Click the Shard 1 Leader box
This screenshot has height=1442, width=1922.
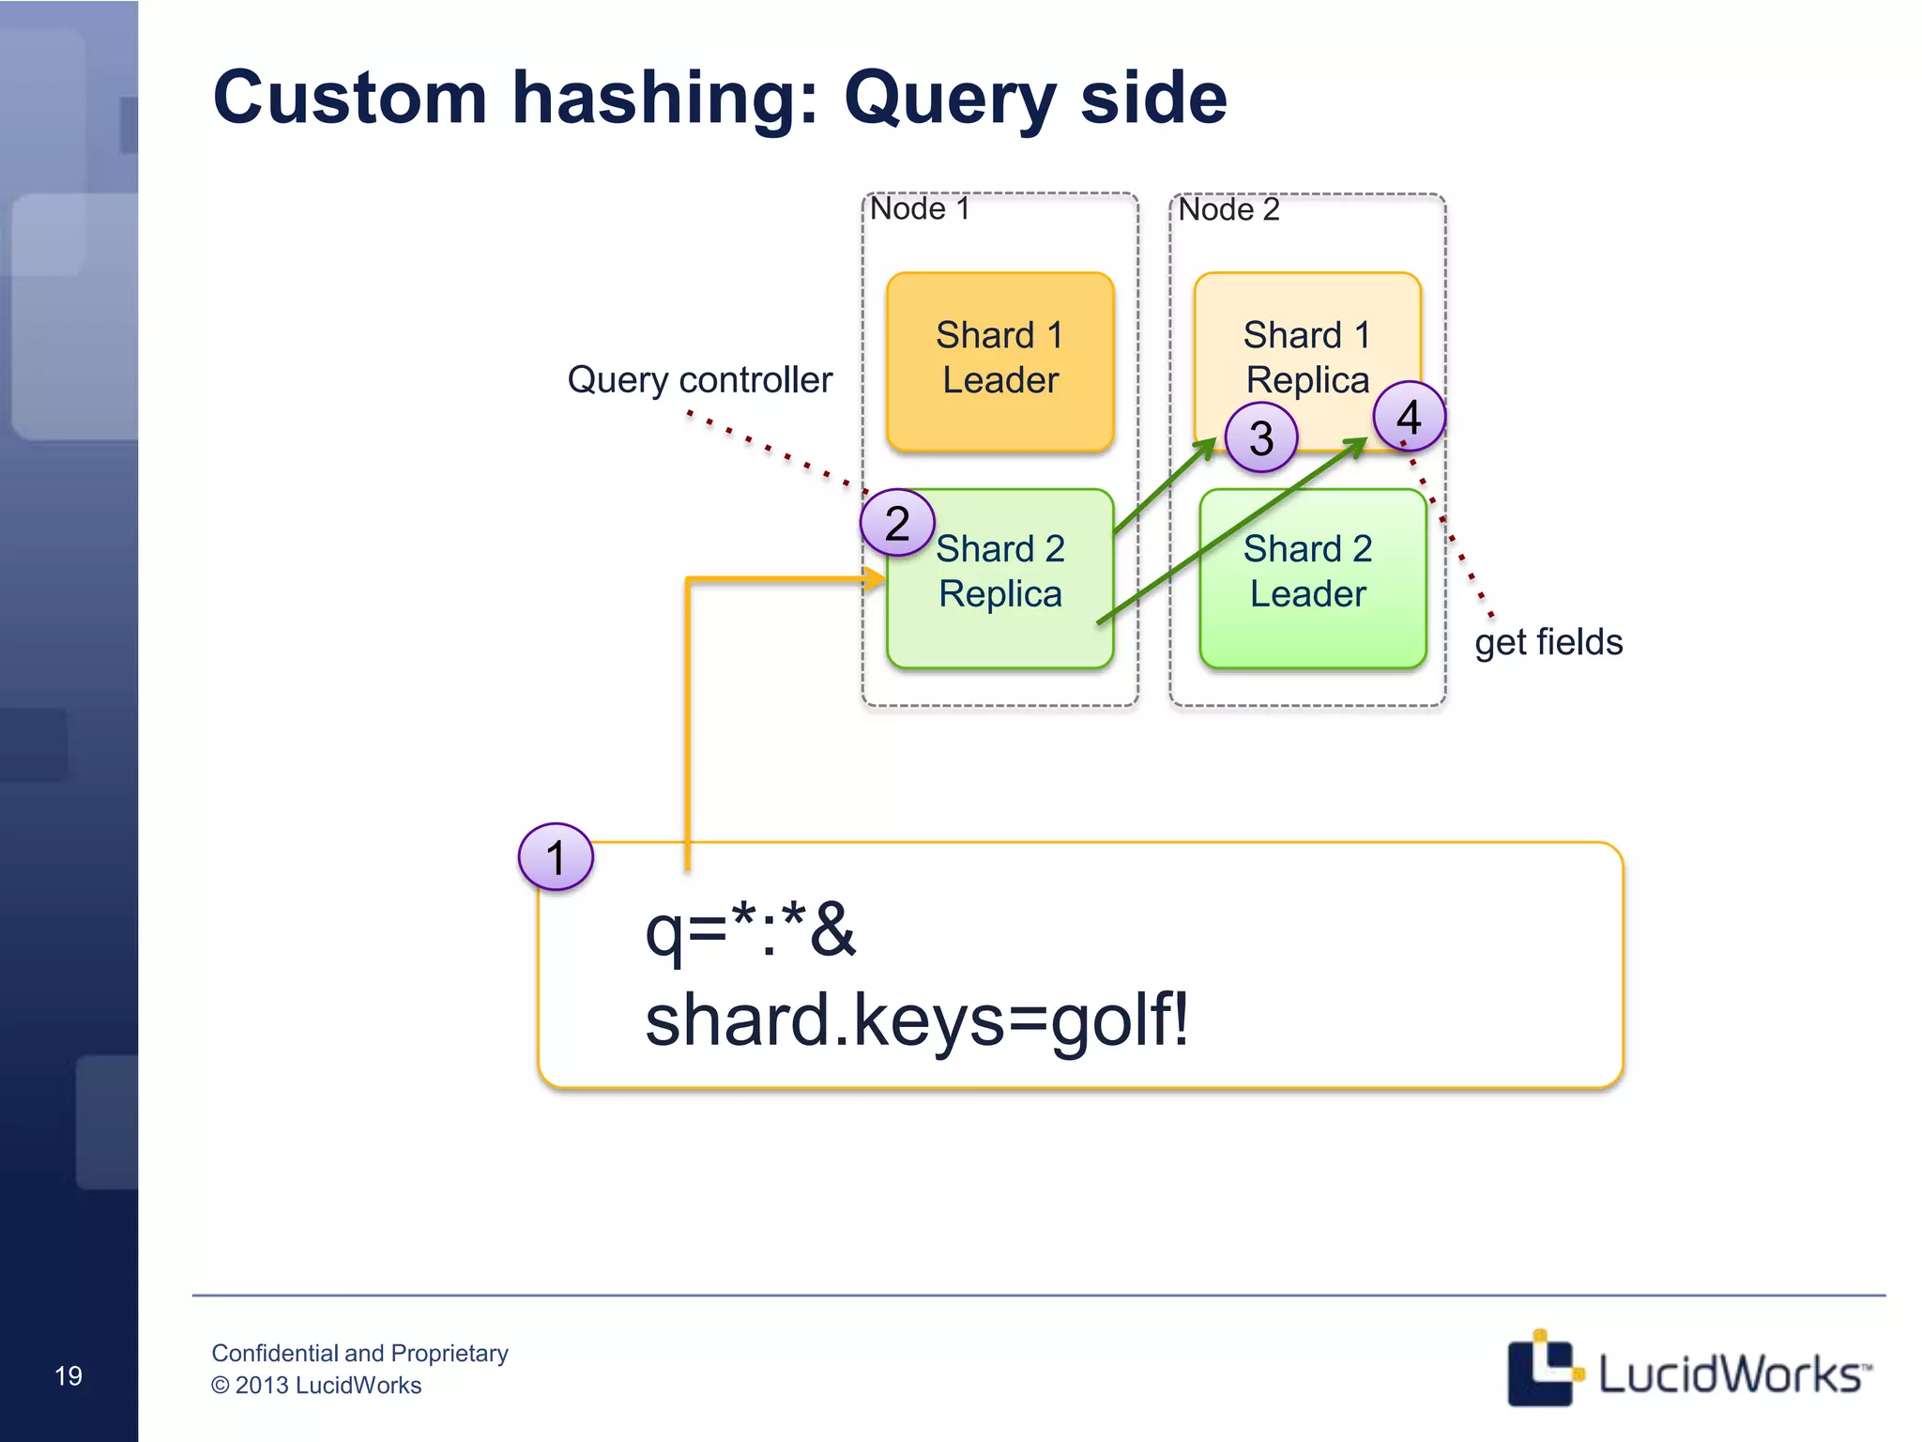(x=999, y=361)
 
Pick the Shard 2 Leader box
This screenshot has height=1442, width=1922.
(x=1311, y=591)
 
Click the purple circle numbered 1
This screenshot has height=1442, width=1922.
(x=556, y=857)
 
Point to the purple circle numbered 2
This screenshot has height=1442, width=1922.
(x=897, y=523)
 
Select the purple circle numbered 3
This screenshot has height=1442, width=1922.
(x=1261, y=437)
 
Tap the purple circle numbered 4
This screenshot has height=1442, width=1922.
(x=1409, y=416)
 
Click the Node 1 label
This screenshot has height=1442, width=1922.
(x=920, y=208)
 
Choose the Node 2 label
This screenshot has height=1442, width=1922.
(x=1228, y=209)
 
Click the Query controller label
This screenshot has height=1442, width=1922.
(x=699, y=380)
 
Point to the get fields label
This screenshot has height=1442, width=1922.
(x=1548, y=643)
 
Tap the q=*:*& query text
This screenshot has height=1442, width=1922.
(x=751, y=930)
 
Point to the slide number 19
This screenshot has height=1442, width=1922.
(x=69, y=1376)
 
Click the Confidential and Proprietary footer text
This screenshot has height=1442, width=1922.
(x=359, y=1353)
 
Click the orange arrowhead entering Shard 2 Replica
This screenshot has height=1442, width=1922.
(x=874, y=579)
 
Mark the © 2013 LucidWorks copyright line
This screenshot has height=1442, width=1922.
(x=316, y=1386)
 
